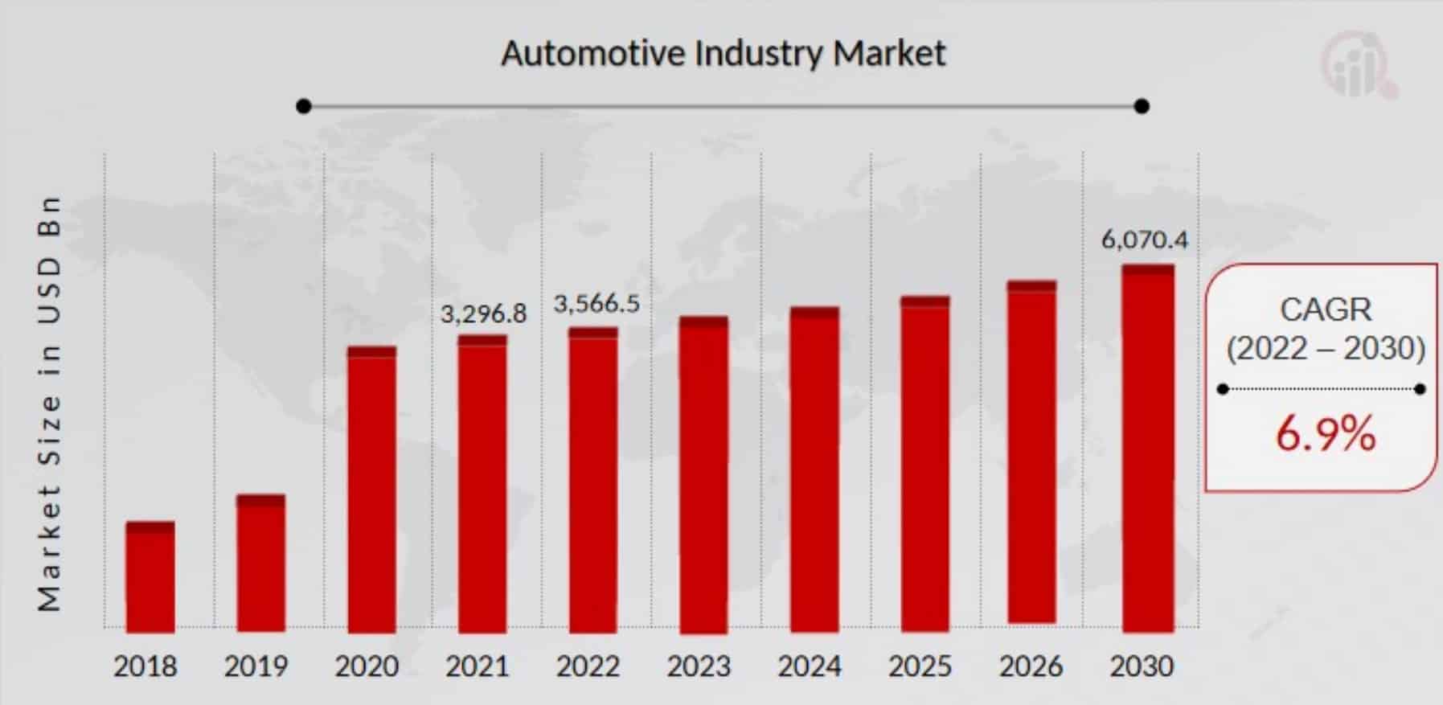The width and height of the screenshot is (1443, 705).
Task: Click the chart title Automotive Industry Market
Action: click(724, 54)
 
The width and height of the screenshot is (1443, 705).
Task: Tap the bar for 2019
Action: click(260, 563)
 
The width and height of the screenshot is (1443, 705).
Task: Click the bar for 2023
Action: click(703, 474)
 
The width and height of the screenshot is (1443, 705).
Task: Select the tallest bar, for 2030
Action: click(1148, 447)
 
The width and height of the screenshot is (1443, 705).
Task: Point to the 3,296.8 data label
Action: click(483, 314)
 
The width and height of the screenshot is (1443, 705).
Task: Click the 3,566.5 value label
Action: click(596, 304)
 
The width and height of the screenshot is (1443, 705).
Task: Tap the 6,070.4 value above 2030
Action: click(1145, 240)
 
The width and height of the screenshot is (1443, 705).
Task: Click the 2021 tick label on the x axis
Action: click(478, 666)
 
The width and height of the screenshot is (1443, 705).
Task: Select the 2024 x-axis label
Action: click(810, 666)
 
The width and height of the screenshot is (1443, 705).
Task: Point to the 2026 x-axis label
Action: click(1031, 666)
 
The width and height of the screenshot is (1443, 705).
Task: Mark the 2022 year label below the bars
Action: click(588, 666)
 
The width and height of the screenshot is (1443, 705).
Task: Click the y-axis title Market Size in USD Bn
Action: click(49, 402)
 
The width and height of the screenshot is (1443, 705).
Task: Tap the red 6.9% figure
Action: click(1326, 434)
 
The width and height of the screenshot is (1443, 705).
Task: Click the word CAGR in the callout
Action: click(1326, 309)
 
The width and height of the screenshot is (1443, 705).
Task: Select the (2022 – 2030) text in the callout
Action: click(1326, 348)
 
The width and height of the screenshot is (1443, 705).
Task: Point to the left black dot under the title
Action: click(303, 106)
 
